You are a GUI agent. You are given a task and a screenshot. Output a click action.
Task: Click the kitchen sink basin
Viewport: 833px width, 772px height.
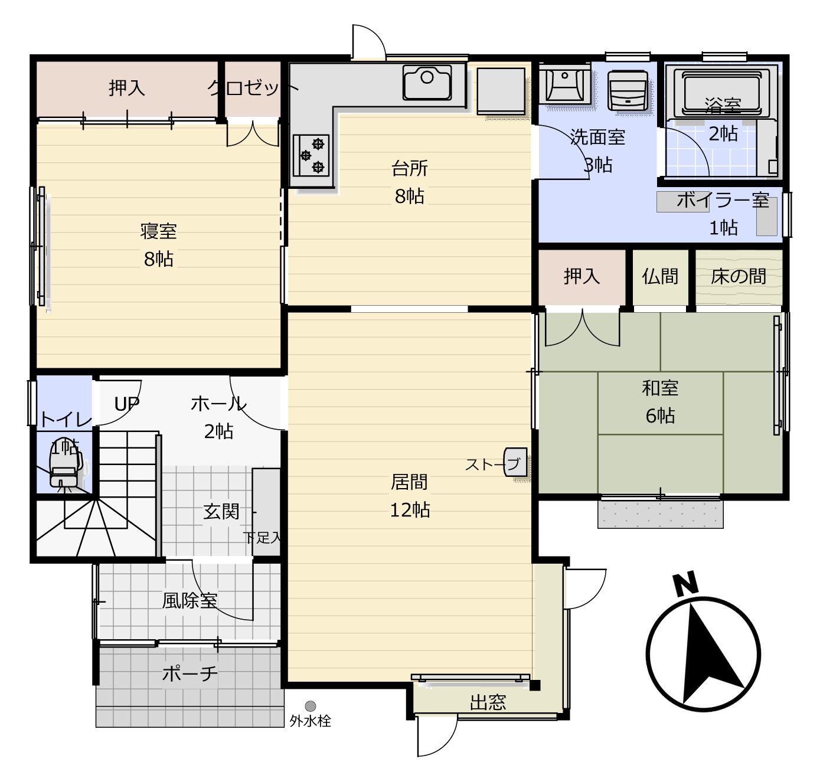(x=427, y=83)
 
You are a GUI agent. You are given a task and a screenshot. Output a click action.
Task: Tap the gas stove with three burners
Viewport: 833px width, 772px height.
(x=311, y=156)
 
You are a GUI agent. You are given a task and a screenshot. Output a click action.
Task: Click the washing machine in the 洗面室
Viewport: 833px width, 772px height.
(x=628, y=91)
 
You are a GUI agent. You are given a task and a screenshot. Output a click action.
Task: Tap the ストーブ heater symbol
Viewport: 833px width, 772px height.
(x=515, y=462)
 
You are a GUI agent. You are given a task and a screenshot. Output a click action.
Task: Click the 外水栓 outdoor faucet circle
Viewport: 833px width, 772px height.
(x=311, y=706)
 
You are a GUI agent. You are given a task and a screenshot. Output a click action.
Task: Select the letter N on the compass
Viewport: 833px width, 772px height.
(x=685, y=583)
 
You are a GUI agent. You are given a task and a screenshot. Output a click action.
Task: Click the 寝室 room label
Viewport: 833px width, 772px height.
(x=159, y=231)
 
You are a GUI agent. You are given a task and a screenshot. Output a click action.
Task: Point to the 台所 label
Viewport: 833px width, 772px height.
(x=409, y=168)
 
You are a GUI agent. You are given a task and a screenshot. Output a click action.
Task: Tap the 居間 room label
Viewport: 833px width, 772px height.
(x=409, y=482)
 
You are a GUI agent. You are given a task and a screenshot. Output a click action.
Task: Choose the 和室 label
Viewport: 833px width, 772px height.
(x=660, y=388)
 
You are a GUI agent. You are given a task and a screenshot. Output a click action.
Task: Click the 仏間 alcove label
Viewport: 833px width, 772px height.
(x=660, y=276)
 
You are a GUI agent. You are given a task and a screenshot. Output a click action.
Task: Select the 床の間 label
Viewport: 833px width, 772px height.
(x=739, y=276)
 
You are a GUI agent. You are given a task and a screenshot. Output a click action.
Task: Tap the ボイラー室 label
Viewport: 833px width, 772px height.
(x=723, y=201)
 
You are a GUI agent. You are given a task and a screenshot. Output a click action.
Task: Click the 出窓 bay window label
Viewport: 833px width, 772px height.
(x=488, y=702)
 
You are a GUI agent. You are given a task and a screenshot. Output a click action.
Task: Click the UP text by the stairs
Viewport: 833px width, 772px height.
(x=127, y=404)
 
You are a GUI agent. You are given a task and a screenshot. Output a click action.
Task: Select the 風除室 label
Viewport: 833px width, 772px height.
(x=190, y=601)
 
